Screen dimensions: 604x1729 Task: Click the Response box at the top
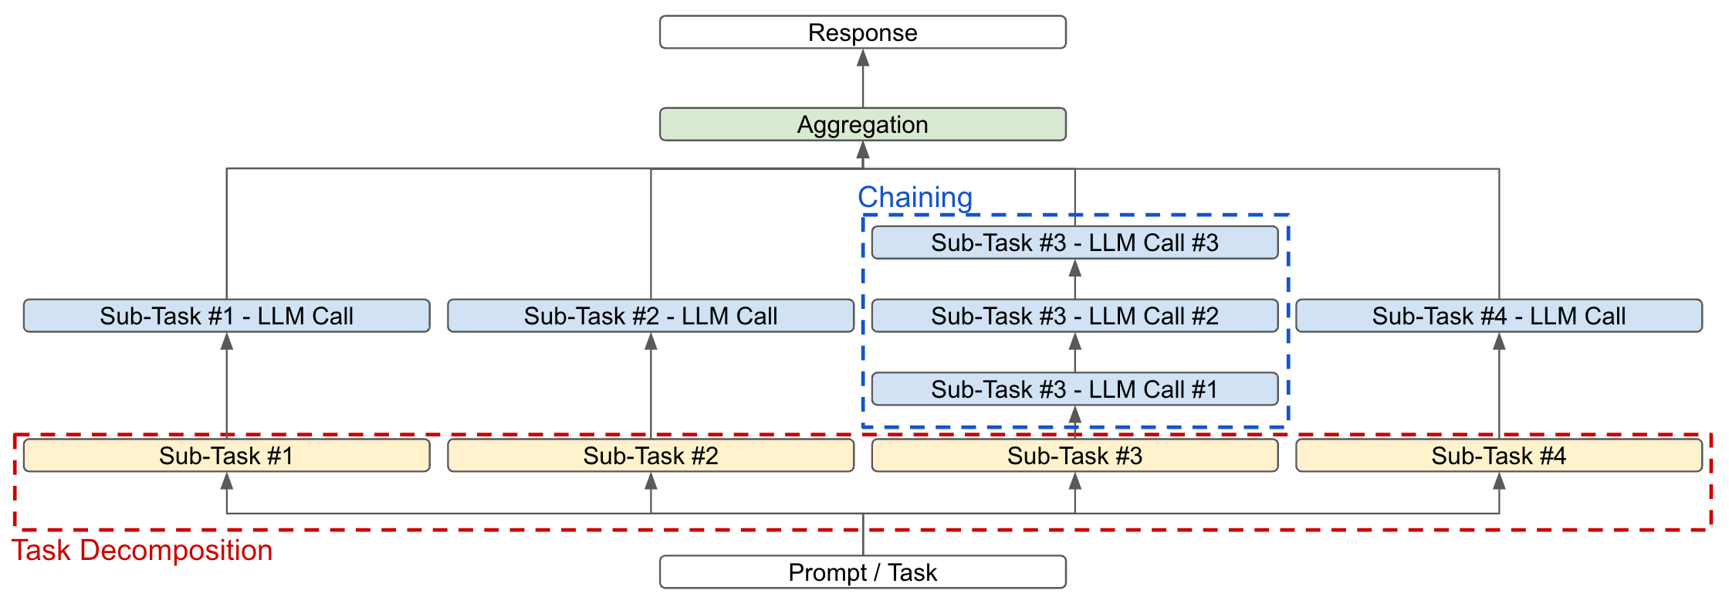pyautogui.click(x=862, y=32)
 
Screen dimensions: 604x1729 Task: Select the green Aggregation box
pyautogui.click(x=862, y=124)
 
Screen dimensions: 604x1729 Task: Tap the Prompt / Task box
pyautogui.click(x=862, y=572)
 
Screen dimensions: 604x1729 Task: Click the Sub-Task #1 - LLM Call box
pyautogui.click(x=226, y=316)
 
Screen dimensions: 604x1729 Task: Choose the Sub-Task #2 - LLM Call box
pyautogui.click(x=650, y=316)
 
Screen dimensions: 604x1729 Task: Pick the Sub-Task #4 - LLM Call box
pyautogui.click(x=1498, y=316)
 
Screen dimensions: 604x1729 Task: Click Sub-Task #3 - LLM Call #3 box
pyautogui.click(x=1074, y=243)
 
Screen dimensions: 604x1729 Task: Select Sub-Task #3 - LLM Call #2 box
pyautogui.click(x=1074, y=316)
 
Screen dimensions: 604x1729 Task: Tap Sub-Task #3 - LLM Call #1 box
pyautogui.click(x=1074, y=389)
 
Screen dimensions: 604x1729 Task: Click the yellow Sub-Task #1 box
pyautogui.click(x=226, y=456)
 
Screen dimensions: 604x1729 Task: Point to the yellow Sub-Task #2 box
pyautogui.click(x=650, y=456)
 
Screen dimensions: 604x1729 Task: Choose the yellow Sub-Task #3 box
pyautogui.click(x=1074, y=456)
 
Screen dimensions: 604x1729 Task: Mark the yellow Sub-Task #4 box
pyautogui.click(x=1498, y=456)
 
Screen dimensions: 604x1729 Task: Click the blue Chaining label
pyautogui.click(x=915, y=198)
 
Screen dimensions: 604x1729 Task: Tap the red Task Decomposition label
pyautogui.click(x=142, y=551)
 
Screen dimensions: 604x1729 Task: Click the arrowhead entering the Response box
pyautogui.click(x=863, y=58)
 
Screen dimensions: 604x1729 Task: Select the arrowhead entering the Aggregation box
pyautogui.click(x=863, y=150)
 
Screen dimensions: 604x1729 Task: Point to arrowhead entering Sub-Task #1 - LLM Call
pyautogui.click(x=227, y=341)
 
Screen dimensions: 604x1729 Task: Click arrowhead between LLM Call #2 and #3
pyautogui.click(x=1075, y=268)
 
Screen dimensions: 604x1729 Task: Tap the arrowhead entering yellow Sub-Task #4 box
pyautogui.click(x=1499, y=481)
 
